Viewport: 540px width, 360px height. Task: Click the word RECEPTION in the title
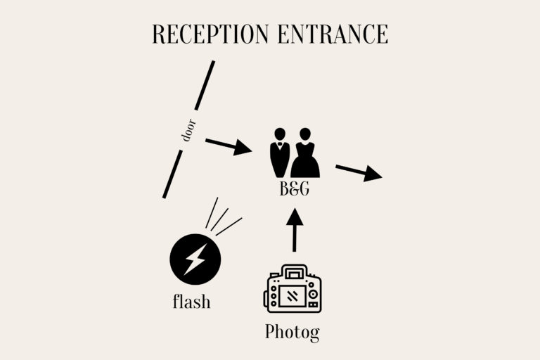point(210,34)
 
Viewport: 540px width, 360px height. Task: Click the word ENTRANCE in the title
point(333,34)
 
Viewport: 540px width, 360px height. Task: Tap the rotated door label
point(188,130)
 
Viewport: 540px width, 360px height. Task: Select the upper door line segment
point(205,86)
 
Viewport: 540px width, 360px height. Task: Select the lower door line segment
point(172,174)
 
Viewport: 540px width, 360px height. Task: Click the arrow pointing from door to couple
point(229,146)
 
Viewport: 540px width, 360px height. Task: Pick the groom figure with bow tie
point(280,153)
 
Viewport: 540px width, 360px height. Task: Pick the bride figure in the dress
point(305,153)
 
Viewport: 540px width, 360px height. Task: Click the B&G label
point(295,188)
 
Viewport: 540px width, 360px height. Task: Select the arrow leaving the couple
point(359,172)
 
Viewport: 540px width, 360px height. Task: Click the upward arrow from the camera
point(295,230)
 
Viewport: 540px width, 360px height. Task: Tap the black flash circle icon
point(195,259)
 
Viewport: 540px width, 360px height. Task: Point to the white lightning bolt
point(195,259)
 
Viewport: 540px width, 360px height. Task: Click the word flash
point(191,301)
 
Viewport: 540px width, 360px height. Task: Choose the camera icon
point(292,289)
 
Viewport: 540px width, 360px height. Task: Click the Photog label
point(292,333)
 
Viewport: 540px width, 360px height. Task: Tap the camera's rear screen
point(292,295)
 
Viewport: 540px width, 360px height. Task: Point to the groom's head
point(280,134)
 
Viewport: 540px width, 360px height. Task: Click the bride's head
point(305,134)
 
